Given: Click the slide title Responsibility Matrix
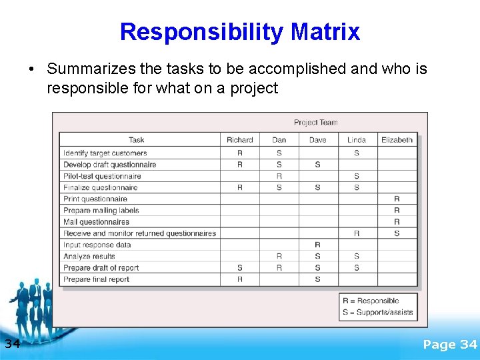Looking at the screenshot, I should (240, 31).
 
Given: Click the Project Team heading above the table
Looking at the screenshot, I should (316, 123).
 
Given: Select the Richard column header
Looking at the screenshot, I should (240, 140).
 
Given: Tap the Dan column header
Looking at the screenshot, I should (279, 140).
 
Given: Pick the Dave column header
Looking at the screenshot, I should (318, 140).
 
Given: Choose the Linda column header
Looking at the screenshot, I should (357, 140).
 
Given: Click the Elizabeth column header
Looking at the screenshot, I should (397, 140).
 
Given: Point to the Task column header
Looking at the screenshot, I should (137, 140).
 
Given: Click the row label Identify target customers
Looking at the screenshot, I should (105, 153).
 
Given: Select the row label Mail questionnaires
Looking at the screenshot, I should (97, 222).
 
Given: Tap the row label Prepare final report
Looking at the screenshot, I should (97, 279).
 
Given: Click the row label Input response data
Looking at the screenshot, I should (97, 245).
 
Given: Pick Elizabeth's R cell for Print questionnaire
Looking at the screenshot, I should (397, 199).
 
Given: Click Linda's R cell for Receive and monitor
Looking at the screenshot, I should (357, 233).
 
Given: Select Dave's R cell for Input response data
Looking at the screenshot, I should (317, 245).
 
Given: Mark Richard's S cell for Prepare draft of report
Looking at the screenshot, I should (240, 268).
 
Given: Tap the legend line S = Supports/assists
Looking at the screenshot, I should (377, 312).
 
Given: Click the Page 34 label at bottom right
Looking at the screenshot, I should (450, 345).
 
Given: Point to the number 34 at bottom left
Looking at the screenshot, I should (12, 344).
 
